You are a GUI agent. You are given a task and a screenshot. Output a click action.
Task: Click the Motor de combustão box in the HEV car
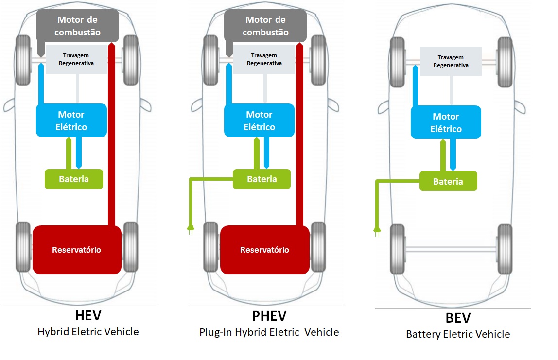click(78, 26)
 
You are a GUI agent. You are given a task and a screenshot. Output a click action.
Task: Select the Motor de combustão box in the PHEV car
click(265, 26)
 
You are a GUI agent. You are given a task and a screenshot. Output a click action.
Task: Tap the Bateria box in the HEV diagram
click(74, 179)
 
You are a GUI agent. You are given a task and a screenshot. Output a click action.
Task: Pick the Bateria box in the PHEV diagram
click(262, 179)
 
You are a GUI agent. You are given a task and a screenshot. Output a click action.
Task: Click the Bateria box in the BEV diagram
click(448, 181)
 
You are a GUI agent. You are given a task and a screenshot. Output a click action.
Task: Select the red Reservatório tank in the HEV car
click(77, 250)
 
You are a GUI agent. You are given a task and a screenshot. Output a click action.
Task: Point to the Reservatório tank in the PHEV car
click(264, 250)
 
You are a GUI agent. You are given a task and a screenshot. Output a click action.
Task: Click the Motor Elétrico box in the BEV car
click(446, 122)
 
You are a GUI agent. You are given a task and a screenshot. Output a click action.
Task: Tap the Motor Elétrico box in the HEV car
click(71, 120)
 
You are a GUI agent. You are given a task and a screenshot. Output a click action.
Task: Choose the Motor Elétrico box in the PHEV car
click(259, 120)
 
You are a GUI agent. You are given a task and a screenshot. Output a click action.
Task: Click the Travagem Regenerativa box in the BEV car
click(451, 61)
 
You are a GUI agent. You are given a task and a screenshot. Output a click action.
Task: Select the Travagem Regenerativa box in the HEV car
click(76, 59)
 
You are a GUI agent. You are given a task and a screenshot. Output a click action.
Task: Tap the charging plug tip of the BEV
click(376, 232)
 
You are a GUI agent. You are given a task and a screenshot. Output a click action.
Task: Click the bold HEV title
click(88, 316)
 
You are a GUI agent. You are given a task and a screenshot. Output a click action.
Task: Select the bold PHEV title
click(269, 316)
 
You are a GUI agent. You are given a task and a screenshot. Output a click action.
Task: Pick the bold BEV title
click(458, 318)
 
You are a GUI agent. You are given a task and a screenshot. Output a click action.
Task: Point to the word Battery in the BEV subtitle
click(423, 334)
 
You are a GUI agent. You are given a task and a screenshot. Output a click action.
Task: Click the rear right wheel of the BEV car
click(505, 249)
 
